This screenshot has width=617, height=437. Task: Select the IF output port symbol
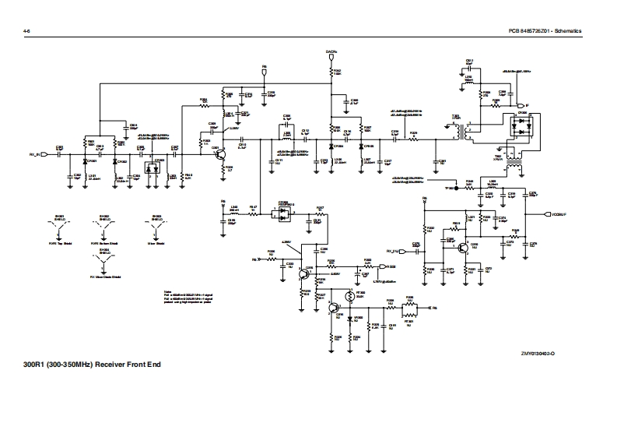point(526,106)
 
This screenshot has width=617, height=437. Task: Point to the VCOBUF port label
point(559,213)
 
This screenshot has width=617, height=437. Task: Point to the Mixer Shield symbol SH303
point(156,227)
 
